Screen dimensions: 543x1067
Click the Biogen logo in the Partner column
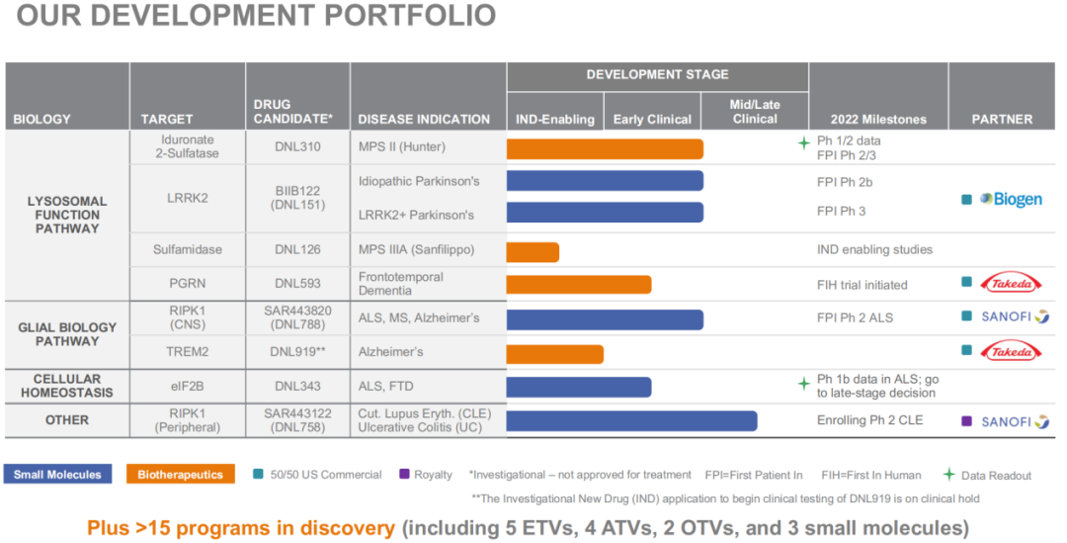pos(1011,199)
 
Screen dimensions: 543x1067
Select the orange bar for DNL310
pos(605,149)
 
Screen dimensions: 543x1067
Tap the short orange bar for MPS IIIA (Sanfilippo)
pos(533,252)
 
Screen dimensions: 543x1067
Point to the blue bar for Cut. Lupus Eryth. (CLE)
pos(631,420)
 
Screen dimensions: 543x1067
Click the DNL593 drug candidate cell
pos(297,284)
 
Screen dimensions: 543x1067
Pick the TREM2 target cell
pos(187,352)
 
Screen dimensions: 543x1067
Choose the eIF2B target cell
pos(187,386)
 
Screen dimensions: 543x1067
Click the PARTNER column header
pos(1002,120)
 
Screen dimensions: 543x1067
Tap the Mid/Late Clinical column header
pos(755,112)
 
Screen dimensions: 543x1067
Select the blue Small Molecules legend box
pos(58,475)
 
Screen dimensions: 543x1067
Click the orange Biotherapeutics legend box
pos(180,475)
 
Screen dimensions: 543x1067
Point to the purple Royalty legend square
pos(403,475)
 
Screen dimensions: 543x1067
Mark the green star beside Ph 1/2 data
pos(803,142)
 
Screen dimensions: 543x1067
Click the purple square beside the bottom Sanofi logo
pos(966,421)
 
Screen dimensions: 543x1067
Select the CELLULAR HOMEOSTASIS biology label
pos(67,386)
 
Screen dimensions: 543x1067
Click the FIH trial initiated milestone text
pos(862,285)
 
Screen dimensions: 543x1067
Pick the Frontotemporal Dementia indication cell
pos(401,284)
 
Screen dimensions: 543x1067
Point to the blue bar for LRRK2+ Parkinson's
pos(605,213)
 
